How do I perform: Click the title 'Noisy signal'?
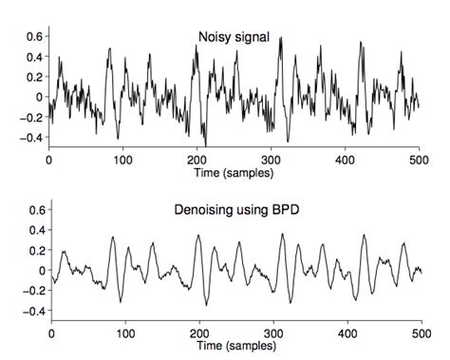(234, 37)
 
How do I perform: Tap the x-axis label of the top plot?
(234, 174)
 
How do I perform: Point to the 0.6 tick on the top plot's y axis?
(33, 35)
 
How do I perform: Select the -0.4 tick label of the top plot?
(30, 138)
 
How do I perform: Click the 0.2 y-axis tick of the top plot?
(33, 76)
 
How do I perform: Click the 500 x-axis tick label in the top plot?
(419, 161)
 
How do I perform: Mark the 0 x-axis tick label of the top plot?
(49, 161)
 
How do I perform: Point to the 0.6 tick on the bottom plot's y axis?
(33, 209)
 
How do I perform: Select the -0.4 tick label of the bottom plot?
(30, 312)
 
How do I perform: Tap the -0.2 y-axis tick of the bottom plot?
(30, 291)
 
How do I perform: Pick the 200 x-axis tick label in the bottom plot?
(197, 333)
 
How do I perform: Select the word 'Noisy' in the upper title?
(212, 37)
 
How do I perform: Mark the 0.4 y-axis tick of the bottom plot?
(33, 229)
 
